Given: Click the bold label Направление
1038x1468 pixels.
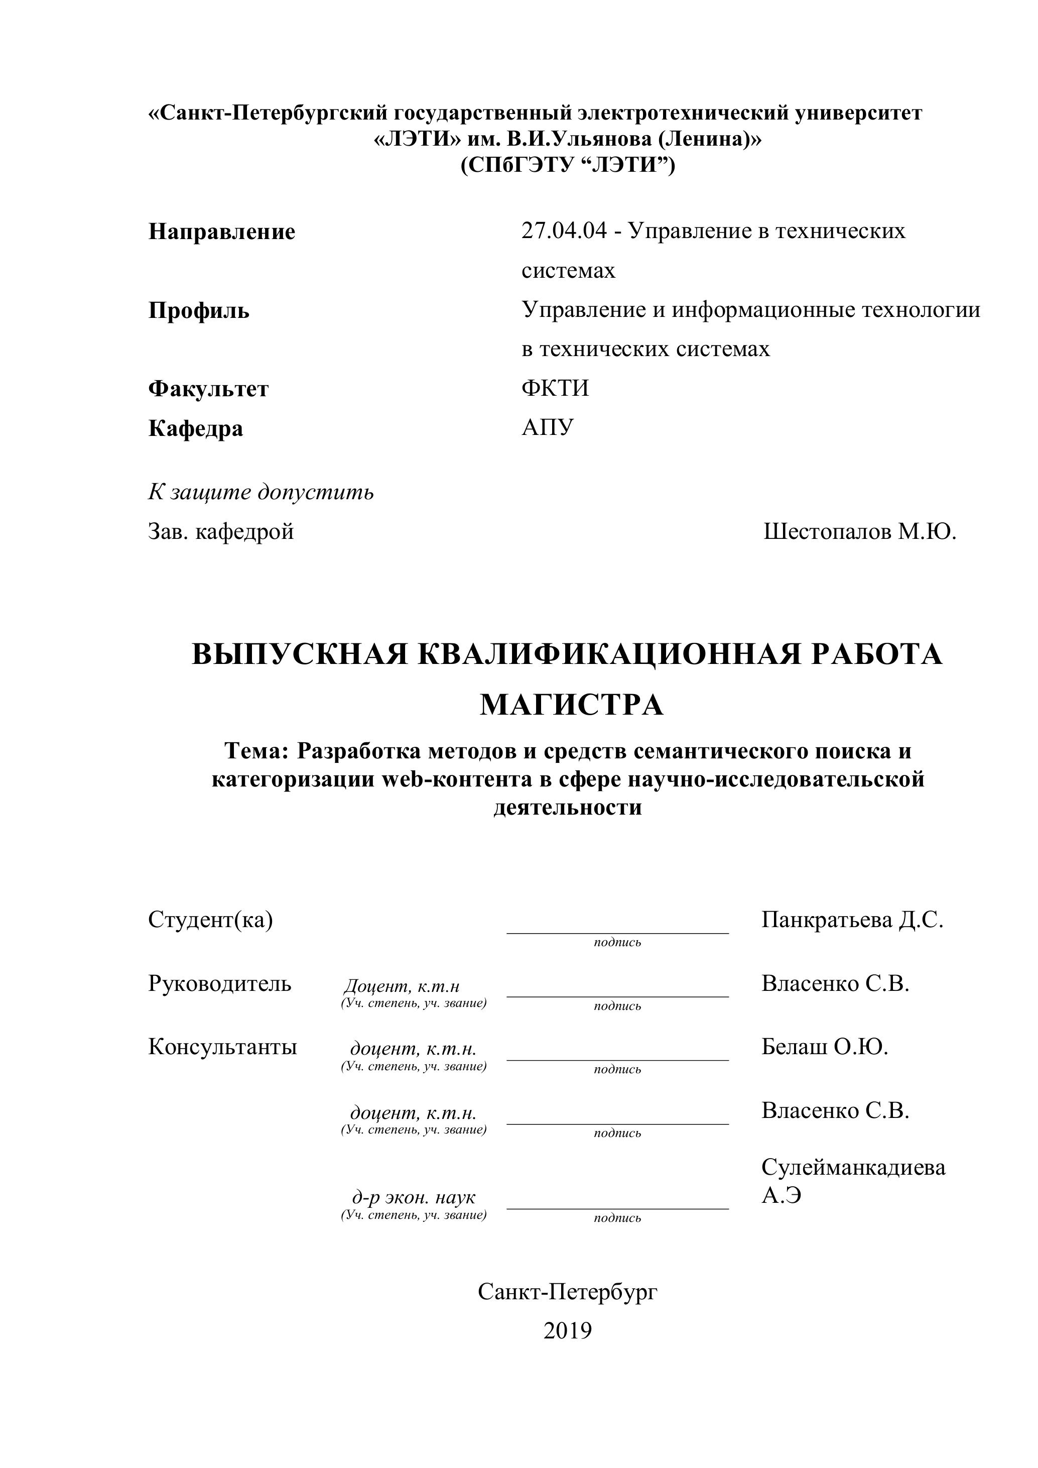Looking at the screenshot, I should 222,232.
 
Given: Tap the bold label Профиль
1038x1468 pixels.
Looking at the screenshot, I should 199,311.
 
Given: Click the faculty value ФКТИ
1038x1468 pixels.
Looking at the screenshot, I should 555,388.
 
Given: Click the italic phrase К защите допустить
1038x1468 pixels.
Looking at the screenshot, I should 261,492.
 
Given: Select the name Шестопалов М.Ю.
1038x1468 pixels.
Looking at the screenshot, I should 860,531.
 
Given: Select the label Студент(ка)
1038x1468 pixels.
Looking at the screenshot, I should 210,920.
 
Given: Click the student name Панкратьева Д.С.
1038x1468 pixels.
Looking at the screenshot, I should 852,920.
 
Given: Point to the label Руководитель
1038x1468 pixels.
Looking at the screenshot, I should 219,983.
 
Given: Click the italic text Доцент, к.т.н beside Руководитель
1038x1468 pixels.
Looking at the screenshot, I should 402,986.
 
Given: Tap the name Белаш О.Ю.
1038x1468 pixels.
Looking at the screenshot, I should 825,1047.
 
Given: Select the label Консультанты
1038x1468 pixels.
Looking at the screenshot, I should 222,1047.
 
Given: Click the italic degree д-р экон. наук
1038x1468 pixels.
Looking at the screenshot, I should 414,1197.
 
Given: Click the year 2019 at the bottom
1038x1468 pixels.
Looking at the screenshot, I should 568,1330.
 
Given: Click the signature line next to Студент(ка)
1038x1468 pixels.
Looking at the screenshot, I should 617,932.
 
